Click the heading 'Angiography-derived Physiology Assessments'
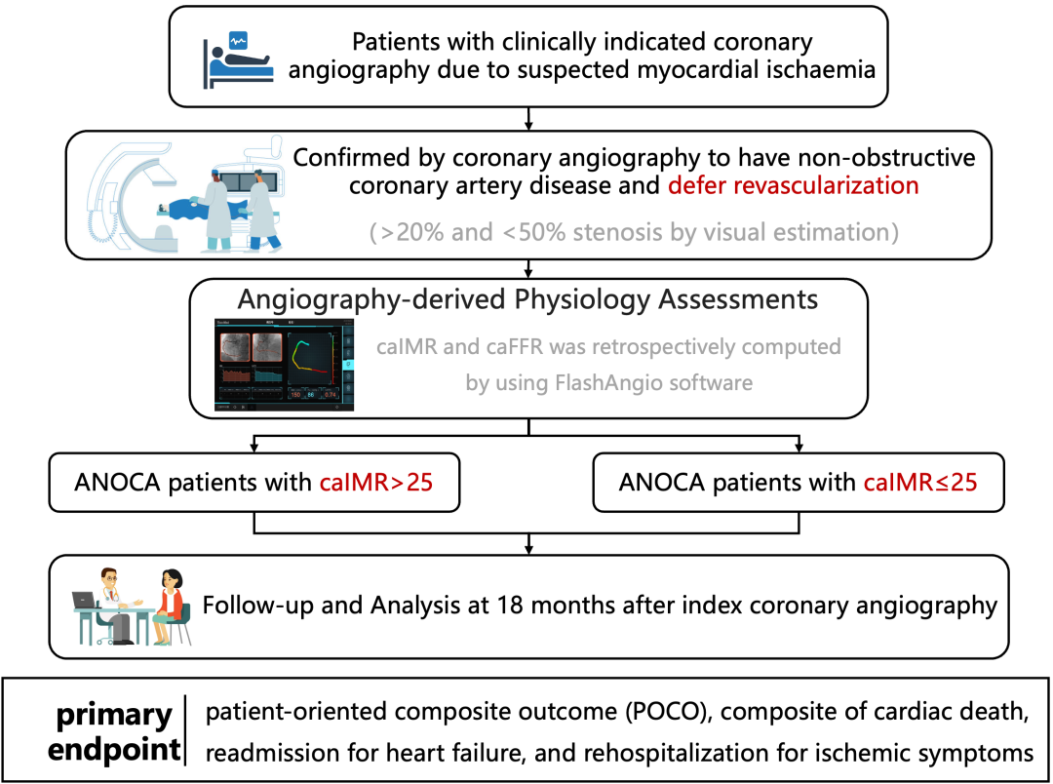527,298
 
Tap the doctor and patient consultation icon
129,608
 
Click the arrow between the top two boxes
527,118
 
